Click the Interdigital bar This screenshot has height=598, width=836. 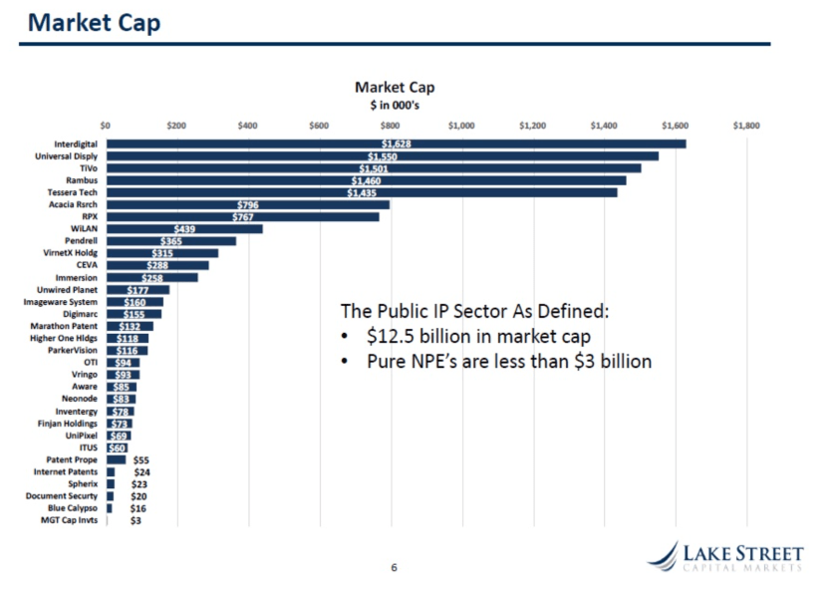396,144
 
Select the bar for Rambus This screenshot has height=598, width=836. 366,180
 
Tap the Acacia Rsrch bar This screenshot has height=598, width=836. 248,204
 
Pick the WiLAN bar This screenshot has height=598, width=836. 184,228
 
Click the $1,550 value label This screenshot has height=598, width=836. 382,156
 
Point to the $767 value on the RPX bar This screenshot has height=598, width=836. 243,216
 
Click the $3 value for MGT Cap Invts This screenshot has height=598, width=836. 136,520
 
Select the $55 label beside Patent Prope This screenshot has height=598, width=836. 140,459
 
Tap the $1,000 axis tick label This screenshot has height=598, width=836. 461,127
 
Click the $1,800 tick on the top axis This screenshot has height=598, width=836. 746,127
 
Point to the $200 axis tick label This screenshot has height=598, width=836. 176,127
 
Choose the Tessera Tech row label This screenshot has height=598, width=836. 72,192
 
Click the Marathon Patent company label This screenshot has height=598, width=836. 64,326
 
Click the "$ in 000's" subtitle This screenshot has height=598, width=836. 395,104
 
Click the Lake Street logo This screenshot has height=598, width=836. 723,556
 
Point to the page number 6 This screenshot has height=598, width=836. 394,567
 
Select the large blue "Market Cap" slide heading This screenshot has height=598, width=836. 94,22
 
